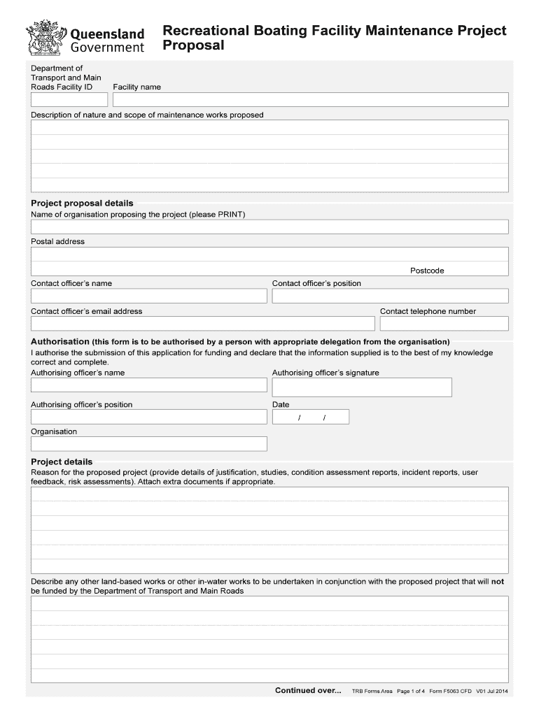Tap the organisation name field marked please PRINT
269,227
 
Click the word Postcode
427,271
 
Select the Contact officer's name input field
148,296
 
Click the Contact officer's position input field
390,296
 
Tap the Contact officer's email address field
202,323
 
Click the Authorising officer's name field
148,385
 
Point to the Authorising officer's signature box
362,387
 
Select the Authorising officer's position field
148,417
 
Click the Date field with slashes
310,417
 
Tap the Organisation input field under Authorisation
148,444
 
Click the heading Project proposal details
82,203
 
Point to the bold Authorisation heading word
60,342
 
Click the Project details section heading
62,462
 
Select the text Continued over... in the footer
308,691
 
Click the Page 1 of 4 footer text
411,692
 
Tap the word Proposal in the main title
193,46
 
